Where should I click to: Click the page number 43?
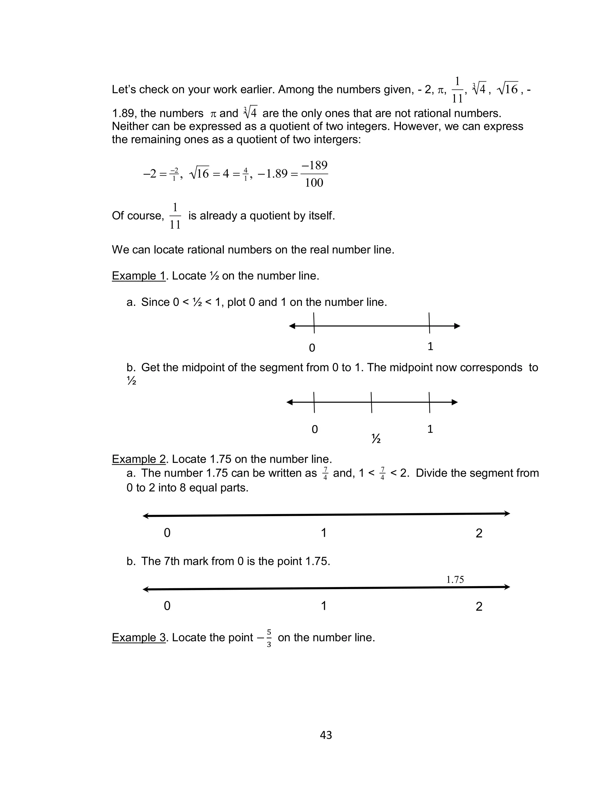[x=326, y=735]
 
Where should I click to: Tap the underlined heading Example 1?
[x=139, y=276]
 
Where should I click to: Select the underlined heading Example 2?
[x=139, y=459]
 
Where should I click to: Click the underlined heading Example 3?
[x=139, y=637]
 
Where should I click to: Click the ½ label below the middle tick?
[x=376, y=438]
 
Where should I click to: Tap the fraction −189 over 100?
[x=314, y=174]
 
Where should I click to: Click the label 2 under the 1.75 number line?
[x=479, y=607]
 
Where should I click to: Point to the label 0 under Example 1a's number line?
[x=312, y=348]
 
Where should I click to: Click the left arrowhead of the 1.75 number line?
[x=146, y=589]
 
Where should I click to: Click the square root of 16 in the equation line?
[x=199, y=173]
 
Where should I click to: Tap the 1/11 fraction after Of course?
[x=175, y=216]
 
